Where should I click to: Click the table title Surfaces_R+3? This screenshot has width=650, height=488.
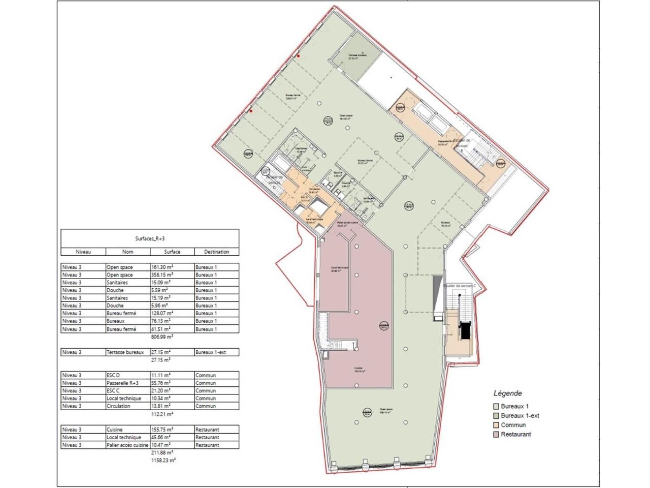tap(149, 237)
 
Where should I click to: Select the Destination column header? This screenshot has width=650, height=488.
tap(216, 252)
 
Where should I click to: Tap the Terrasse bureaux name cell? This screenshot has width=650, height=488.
tap(125, 352)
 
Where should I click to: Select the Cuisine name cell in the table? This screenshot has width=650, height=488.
tap(114, 430)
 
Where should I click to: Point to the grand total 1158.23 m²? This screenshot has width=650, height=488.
tap(164, 460)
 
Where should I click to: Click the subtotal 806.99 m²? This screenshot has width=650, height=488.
tap(162, 337)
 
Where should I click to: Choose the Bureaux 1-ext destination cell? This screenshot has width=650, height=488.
tap(211, 352)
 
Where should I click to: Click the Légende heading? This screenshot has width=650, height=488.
tap(507, 393)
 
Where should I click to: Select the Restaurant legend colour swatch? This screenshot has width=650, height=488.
tap(496, 435)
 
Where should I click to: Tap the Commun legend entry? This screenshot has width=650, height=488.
tap(513, 425)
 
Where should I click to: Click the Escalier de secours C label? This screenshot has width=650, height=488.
tap(460, 286)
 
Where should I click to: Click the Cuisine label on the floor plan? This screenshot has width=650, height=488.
tap(359, 370)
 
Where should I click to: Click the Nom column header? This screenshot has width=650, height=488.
tap(127, 252)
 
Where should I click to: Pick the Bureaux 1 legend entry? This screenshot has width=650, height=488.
tap(514, 407)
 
